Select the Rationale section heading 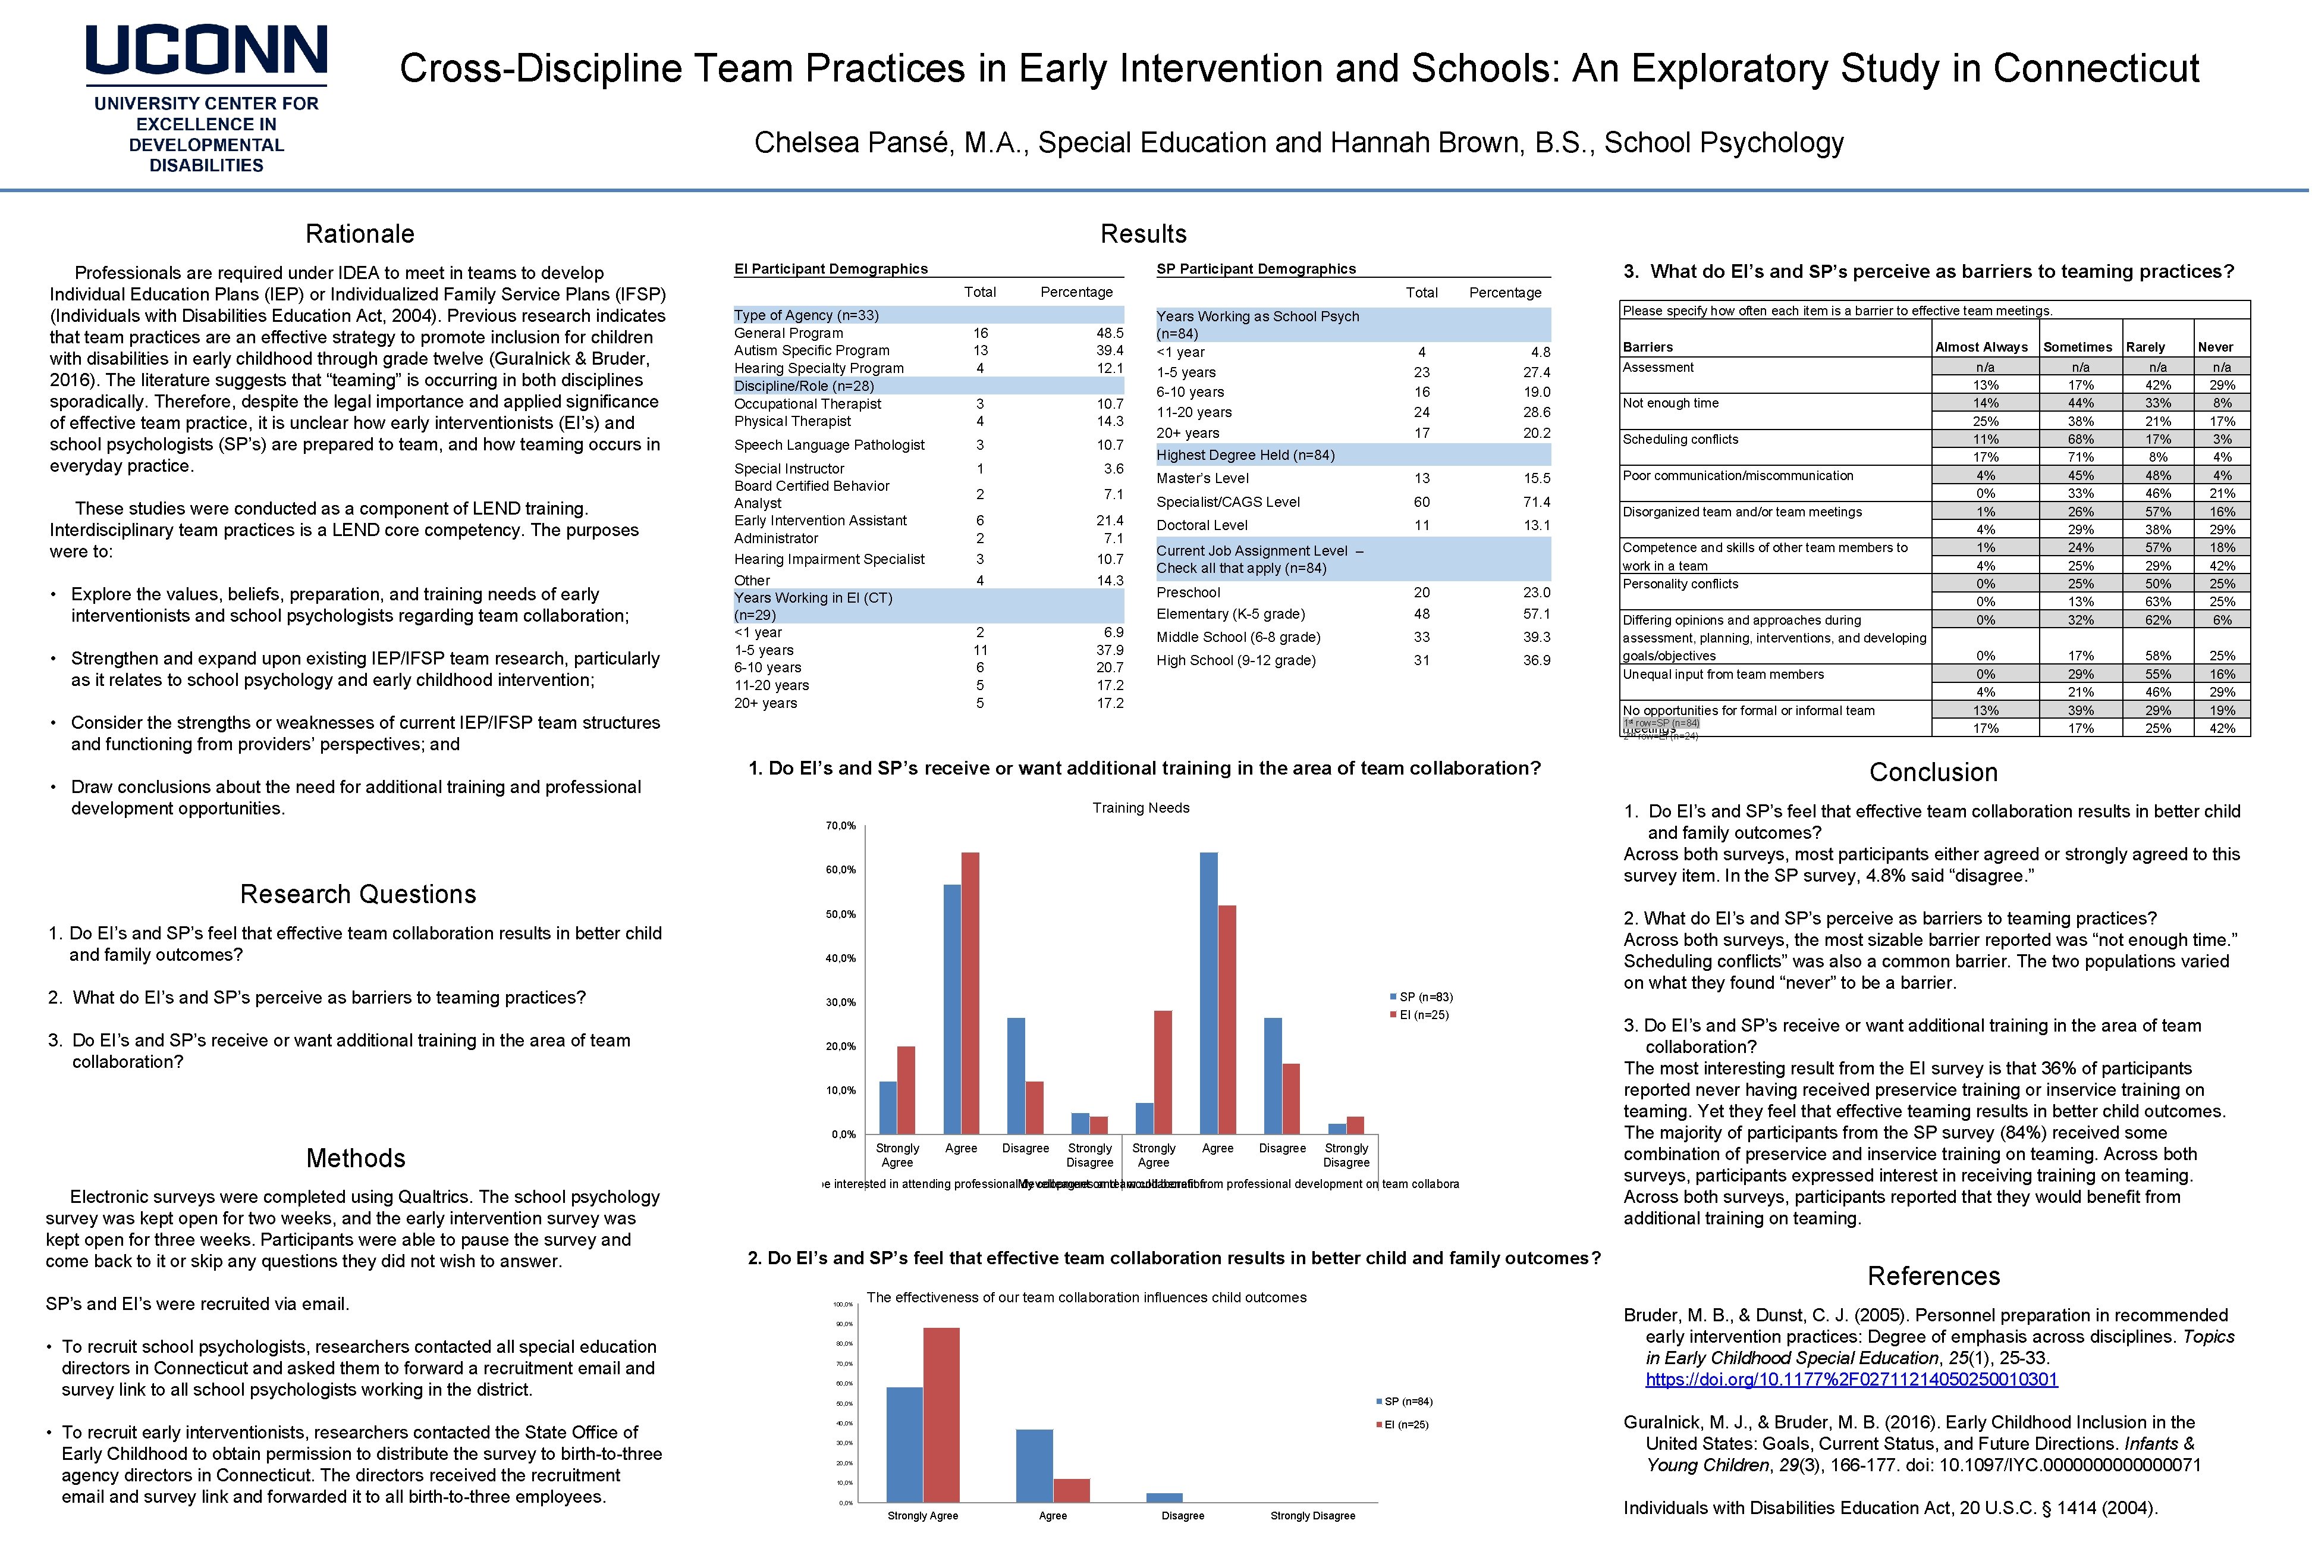coord(360,234)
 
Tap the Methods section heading coord(356,1158)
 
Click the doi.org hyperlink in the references coord(1851,1380)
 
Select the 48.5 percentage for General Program coord(1110,333)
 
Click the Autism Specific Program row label coord(811,350)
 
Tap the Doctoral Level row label coord(1201,526)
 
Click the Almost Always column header coord(1981,347)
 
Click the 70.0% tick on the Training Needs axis coord(840,826)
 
